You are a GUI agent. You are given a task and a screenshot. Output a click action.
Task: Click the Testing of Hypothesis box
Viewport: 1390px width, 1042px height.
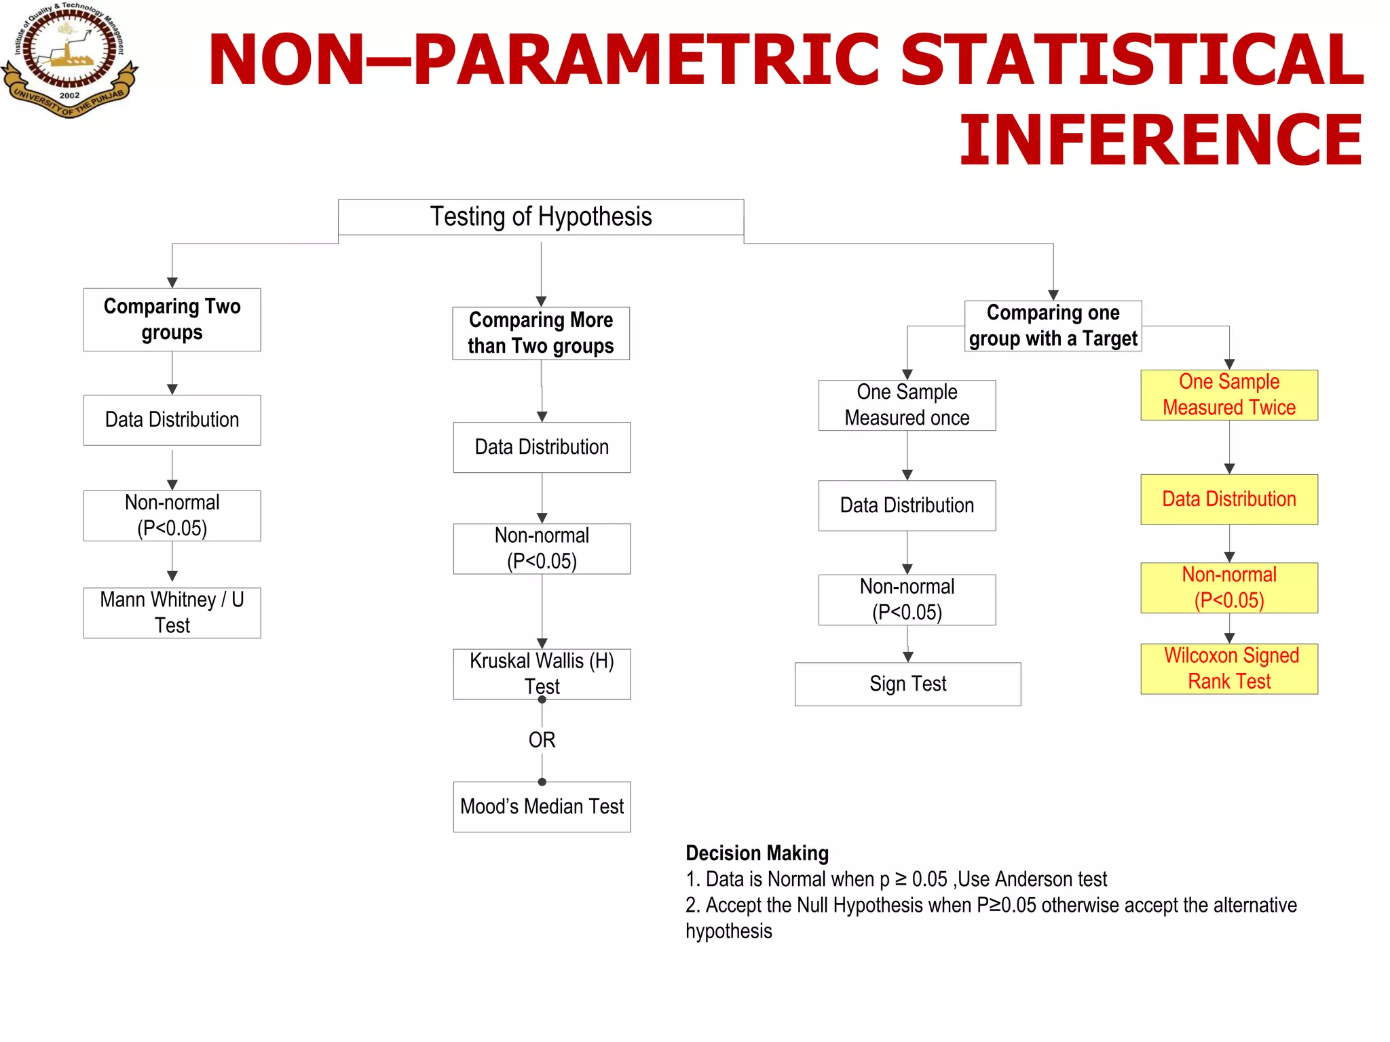(x=541, y=217)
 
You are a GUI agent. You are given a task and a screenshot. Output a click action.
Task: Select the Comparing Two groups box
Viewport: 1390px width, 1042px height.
(x=172, y=320)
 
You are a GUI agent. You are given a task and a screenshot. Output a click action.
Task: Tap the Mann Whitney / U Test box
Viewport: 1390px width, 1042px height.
(x=172, y=613)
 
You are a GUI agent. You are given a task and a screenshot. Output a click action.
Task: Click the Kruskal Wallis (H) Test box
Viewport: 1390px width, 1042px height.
(x=542, y=674)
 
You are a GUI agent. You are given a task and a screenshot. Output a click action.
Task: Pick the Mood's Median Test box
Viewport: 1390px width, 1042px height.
(x=542, y=807)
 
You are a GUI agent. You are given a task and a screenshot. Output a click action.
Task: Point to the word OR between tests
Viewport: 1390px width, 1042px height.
(x=542, y=739)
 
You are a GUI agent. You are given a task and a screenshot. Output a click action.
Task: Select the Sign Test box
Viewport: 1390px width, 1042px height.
(x=907, y=684)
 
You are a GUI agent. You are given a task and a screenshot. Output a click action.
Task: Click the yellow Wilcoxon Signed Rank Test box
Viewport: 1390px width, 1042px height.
(x=1229, y=668)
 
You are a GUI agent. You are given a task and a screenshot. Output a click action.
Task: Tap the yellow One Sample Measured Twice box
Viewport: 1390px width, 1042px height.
(x=1229, y=395)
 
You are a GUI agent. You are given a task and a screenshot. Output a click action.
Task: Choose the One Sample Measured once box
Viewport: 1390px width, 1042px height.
(x=907, y=405)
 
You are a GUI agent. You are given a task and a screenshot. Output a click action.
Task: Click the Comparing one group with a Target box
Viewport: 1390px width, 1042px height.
(x=1053, y=326)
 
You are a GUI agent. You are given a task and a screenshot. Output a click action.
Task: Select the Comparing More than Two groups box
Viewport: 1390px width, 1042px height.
(x=541, y=333)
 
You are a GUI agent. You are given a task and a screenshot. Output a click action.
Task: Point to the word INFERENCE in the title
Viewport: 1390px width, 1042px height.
(x=1161, y=140)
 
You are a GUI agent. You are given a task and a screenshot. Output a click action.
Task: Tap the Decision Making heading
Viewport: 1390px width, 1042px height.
(x=757, y=853)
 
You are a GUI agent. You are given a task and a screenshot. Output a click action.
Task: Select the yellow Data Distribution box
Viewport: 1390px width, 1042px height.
(x=1229, y=499)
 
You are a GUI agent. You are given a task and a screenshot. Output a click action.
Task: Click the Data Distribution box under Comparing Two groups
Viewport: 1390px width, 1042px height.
(x=172, y=420)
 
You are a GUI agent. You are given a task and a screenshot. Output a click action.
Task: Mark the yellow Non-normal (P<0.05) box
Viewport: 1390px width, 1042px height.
(x=1229, y=587)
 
